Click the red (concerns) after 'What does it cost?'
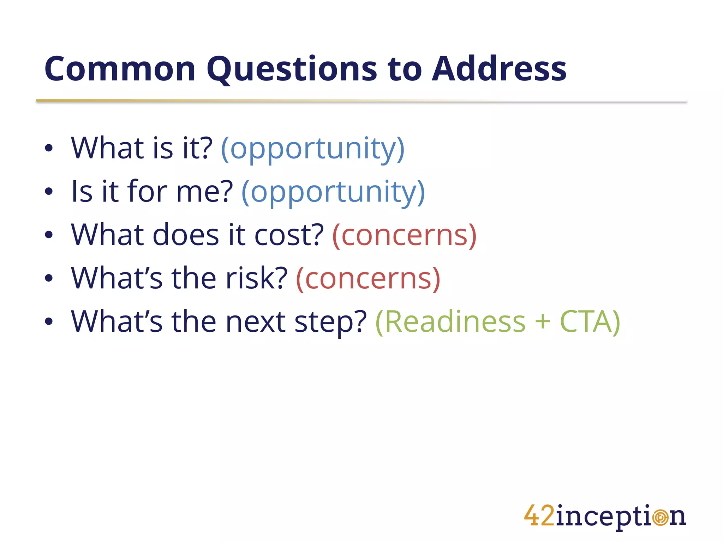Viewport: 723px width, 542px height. click(x=405, y=235)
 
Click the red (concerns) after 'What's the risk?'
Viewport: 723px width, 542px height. click(x=368, y=278)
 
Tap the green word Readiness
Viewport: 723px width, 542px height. click(x=451, y=321)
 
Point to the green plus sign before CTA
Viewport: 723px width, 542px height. click(x=543, y=322)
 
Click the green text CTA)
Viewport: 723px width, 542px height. click(x=590, y=321)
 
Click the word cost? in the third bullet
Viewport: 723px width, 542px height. click(x=289, y=235)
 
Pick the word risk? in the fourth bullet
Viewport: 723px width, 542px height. click(x=257, y=278)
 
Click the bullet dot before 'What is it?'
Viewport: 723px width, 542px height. click(x=49, y=149)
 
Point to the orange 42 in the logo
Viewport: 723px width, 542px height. click(x=539, y=516)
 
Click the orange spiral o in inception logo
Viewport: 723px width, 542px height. click(x=660, y=518)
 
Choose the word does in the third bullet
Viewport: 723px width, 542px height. click(x=186, y=235)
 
